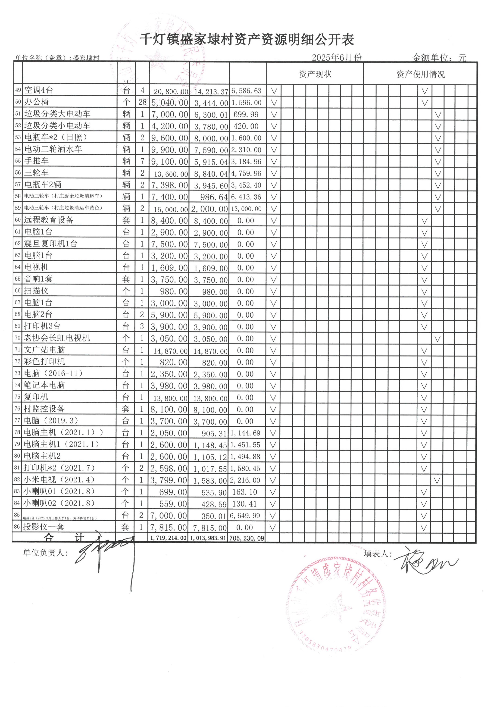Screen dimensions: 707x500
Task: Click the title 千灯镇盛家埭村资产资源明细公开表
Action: pos(247,39)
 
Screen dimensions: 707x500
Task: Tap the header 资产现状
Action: pos(315,74)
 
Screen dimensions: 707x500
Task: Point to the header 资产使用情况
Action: pos(421,74)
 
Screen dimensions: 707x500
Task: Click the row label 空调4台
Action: pos(39,90)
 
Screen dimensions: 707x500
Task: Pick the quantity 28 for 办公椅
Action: pos(142,102)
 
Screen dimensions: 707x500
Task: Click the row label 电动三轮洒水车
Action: pos(53,149)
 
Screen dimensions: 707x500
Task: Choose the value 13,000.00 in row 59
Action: pos(246,209)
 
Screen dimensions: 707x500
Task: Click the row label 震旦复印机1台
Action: pos(51,244)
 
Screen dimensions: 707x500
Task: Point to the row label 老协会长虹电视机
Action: pos(57,338)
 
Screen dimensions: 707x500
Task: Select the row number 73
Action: pos(18,373)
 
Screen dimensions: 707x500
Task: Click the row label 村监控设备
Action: pos(44,409)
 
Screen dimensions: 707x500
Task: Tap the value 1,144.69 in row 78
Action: pos(245,433)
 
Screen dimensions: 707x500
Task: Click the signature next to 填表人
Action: pos(425,562)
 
